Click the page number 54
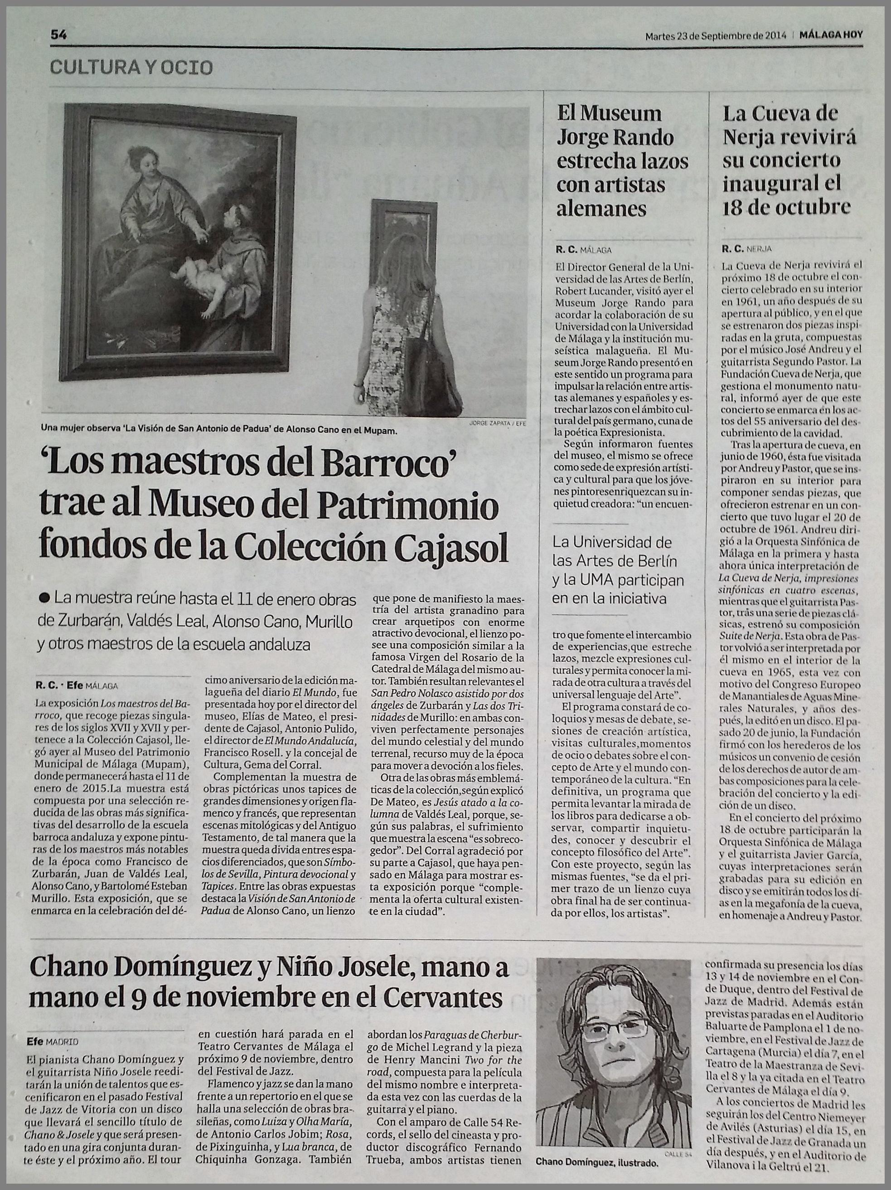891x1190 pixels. point(58,35)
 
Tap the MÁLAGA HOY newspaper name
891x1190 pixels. point(831,35)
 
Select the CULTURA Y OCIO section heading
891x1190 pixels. point(131,67)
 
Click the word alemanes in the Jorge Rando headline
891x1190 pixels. point(601,208)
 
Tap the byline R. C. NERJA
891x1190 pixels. point(747,249)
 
